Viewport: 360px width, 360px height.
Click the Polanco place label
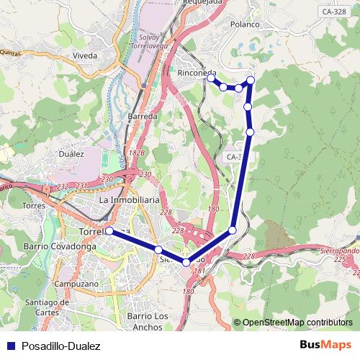(245, 24)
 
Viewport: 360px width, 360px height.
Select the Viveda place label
(84, 55)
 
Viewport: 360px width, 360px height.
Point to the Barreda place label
(142, 116)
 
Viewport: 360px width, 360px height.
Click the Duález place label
(73, 153)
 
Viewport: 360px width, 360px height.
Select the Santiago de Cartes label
(46, 307)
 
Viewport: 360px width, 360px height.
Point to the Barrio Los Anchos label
(147, 320)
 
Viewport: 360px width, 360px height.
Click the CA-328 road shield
(334, 12)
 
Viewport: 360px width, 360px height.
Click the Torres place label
(34, 205)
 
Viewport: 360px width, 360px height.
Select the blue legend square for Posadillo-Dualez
(9, 346)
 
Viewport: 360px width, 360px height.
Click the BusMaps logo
(325, 346)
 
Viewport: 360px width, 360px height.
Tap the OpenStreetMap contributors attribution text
(297, 323)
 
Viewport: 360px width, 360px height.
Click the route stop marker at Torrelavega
(109, 231)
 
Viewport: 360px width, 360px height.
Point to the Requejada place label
(204, 3)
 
